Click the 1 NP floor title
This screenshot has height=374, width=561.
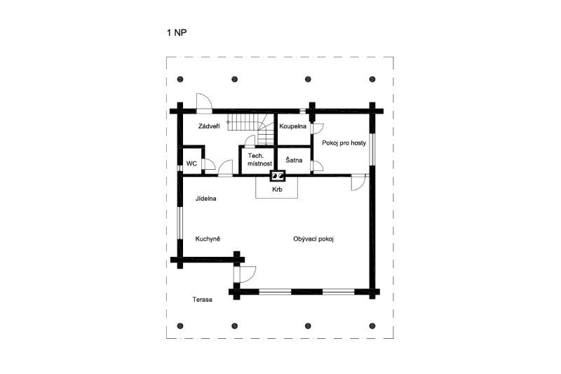[177, 32]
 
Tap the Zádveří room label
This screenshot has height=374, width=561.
[209, 126]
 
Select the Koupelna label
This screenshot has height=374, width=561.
[292, 126]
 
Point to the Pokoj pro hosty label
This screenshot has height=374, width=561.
[344, 143]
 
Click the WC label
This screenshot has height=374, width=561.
[191, 163]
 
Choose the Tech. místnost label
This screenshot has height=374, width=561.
[259, 159]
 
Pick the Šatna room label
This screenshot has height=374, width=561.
[294, 160]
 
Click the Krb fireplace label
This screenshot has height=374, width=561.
[277, 189]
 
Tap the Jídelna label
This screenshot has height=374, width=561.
[205, 199]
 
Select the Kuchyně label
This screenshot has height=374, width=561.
[208, 239]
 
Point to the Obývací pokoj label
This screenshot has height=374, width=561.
[313, 239]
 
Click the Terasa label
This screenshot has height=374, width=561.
[202, 300]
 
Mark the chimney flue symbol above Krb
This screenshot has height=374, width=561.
[278, 175]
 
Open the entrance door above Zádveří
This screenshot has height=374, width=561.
[204, 103]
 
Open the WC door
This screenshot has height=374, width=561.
[208, 164]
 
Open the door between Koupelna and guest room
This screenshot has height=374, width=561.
[317, 128]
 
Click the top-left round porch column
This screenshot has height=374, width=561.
[180, 79]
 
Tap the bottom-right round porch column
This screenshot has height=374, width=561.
[372, 326]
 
